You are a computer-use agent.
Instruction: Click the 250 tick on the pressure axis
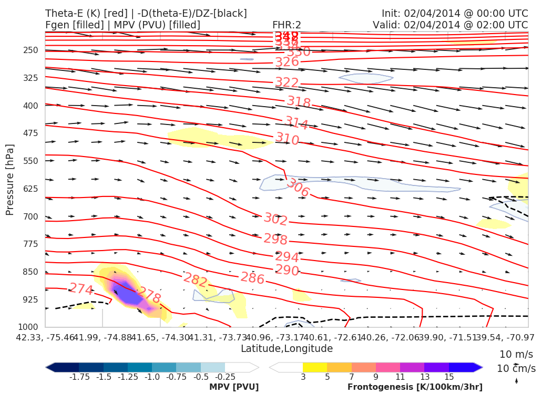[32, 50]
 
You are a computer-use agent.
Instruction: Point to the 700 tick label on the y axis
[32, 216]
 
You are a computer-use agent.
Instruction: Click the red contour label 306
[298, 188]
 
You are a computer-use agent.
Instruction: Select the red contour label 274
[81, 289]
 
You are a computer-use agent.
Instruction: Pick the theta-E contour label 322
[287, 82]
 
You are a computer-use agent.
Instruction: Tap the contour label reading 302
[275, 219]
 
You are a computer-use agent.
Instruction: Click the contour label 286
[252, 278]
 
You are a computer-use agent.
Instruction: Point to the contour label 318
[299, 102]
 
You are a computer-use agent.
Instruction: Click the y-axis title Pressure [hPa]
[9, 180]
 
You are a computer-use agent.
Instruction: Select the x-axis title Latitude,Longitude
[287, 349]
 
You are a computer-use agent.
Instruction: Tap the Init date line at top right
[455, 13]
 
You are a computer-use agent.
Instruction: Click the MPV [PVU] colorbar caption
[234, 387]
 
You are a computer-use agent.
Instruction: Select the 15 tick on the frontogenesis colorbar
[448, 377]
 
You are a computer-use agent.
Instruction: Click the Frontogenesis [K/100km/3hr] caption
[415, 387]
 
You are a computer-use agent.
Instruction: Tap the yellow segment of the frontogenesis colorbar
[315, 367]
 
